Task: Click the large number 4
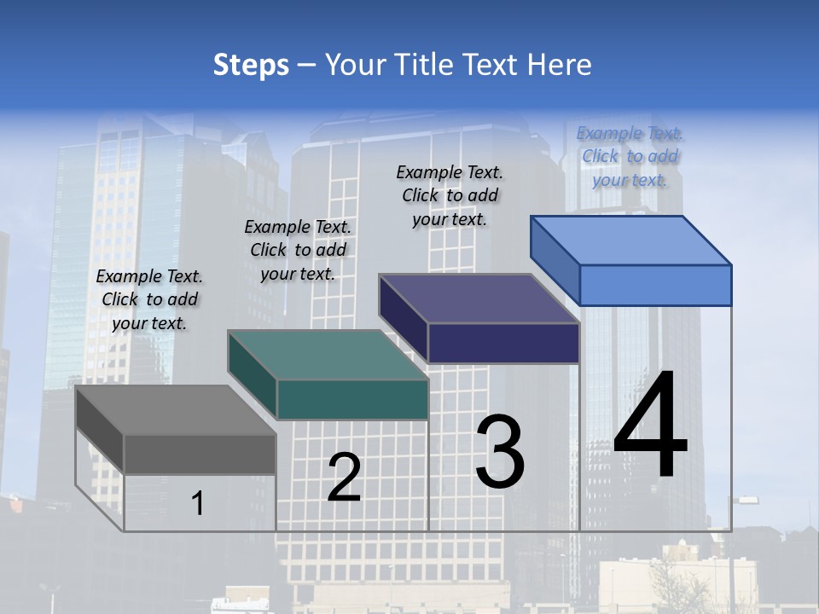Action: click(650, 426)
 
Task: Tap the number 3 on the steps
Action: click(500, 451)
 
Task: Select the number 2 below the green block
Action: click(345, 477)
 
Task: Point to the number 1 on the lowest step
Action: click(197, 503)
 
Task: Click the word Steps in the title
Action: click(251, 65)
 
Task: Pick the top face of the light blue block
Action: click(631, 240)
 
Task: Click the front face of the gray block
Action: click(200, 455)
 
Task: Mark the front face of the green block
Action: click(352, 399)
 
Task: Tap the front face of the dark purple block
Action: click(503, 344)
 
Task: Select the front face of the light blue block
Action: click(655, 285)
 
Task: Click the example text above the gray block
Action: click(150, 299)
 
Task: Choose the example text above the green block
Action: click(298, 250)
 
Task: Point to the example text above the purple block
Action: click(450, 195)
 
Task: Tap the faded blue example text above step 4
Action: click(630, 156)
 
